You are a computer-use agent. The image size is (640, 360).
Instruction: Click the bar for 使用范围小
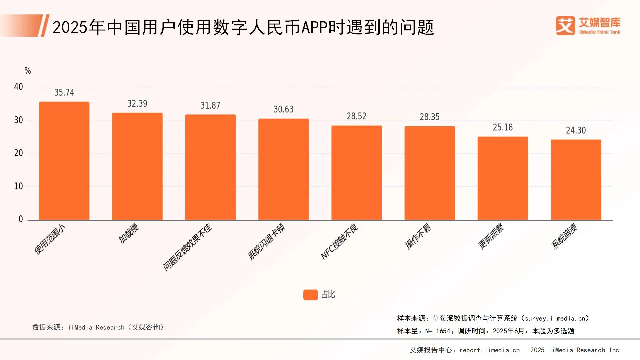[x=64, y=161]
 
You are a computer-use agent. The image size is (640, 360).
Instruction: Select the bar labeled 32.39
[x=137, y=167]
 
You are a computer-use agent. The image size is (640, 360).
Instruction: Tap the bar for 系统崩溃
[x=576, y=180]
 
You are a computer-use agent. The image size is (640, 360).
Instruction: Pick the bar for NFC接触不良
[x=356, y=173]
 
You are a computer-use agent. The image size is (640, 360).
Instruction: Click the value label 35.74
[x=64, y=92]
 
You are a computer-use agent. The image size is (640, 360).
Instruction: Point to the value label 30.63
[x=283, y=109]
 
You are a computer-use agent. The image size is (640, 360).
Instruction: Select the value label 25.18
[x=503, y=127]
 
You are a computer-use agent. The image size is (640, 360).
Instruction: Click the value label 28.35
[x=429, y=117]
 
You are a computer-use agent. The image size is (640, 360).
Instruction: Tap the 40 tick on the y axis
[x=18, y=87]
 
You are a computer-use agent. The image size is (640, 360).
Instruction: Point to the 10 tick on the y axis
[x=18, y=186]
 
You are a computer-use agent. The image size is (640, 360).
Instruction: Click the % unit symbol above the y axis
[x=28, y=71]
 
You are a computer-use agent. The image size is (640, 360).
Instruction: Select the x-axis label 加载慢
[x=129, y=233]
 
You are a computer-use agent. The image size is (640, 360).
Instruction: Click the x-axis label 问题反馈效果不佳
[x=187, y=247]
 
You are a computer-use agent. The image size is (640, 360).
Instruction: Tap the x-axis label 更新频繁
[x=491, y=236]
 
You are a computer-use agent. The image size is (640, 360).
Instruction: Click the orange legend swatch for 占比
[x=310, y=295]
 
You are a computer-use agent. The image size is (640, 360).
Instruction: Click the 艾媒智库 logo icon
[x=565, y=26]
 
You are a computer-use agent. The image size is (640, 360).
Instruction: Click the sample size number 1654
[x=443, y=331]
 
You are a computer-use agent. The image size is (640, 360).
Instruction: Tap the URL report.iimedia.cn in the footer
[x=489, y=350]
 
